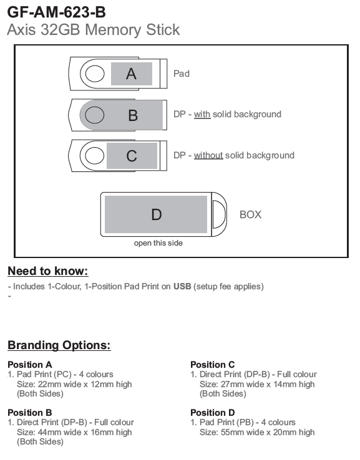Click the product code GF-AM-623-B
coord(56,12)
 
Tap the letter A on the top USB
coord(131,74)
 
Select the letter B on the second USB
coord(133,115)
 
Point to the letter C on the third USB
coord(132,156)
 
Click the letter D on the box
coord(157,214)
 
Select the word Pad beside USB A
coord(182,74)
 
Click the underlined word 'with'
coord(202,114)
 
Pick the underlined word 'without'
coord(208,155)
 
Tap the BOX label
coord(250,214)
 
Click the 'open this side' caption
coord(158,243)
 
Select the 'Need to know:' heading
coord(48,271)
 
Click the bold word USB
coord(182,286)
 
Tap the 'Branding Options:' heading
coord(59,345)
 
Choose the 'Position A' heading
coord(30,365)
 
